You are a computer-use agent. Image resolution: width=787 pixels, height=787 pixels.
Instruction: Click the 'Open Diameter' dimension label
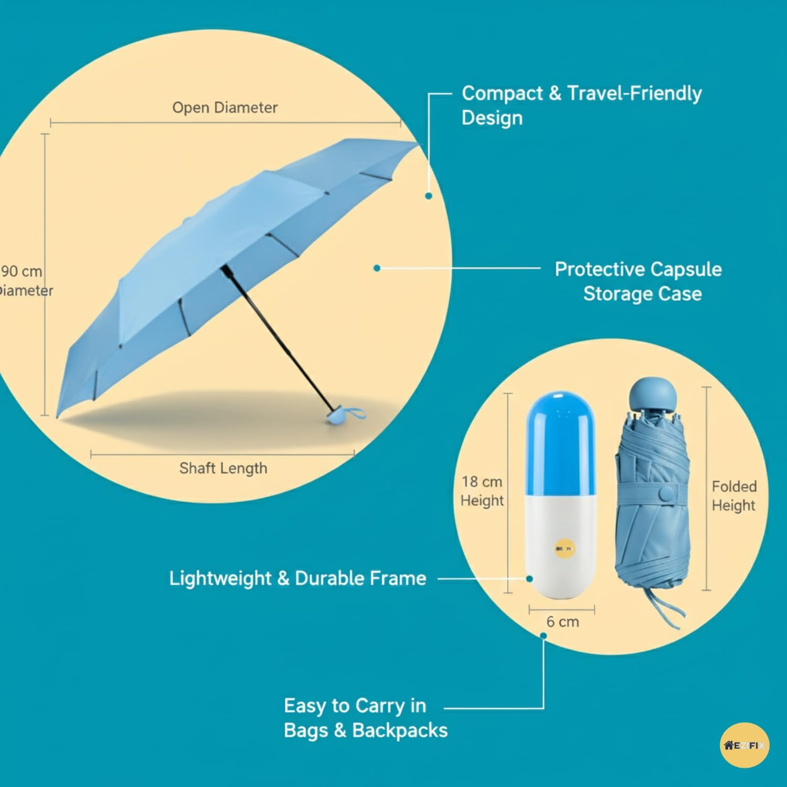(x=225, y=108)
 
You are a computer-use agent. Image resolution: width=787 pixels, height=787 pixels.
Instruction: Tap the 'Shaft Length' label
(x=223, y=468)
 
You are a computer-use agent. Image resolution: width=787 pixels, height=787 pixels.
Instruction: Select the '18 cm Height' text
(x=482, y=491)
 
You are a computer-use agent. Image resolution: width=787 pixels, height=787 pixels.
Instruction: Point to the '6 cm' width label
(x=562, y=622)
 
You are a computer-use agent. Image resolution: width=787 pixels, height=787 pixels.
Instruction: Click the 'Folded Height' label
(x=734, y=496)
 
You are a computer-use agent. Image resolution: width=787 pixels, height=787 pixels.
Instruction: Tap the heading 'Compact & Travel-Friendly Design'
(x=581, y=105)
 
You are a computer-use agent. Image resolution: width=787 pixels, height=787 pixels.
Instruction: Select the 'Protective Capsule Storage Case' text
(x=639, y=281)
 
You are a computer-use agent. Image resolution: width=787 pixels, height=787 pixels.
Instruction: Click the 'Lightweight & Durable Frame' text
(x=297, y=578)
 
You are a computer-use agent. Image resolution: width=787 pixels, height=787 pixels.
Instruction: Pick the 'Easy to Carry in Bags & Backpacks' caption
(x=366, y=718)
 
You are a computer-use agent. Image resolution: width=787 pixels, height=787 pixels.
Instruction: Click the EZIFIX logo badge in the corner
(x=745, y=745)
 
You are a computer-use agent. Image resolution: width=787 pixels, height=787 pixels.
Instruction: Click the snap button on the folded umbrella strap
(x=667, y=494)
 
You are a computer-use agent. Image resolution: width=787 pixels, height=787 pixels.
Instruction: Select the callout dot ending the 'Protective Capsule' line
(x=377, y=268)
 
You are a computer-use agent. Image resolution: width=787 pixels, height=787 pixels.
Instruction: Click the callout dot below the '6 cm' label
(x=544, y=636)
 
